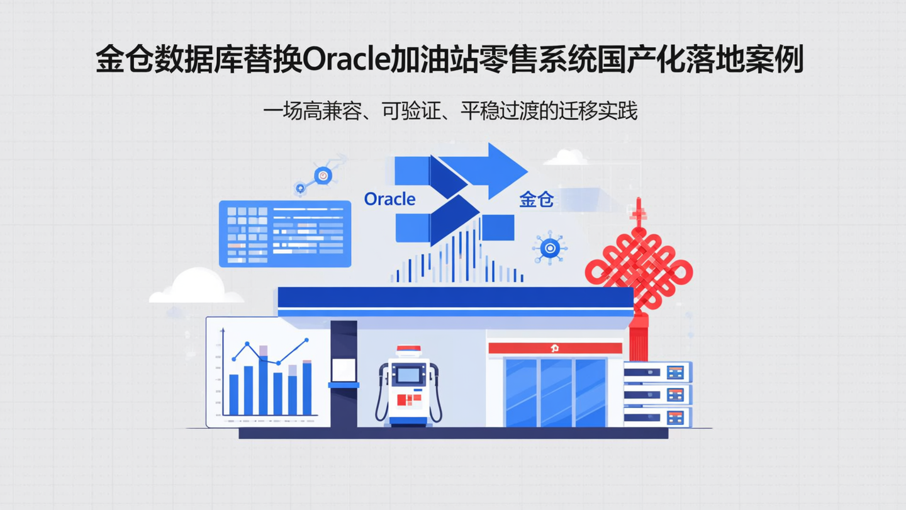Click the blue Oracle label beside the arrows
coord(390,199)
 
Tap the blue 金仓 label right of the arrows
coord(537,200)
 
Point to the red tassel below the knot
coord(639,340)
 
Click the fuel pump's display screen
coord(408,375)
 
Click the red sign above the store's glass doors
coord(555,348)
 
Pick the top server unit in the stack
coord(657,372)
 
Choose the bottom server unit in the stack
coord(657,417)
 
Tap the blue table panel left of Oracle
coord(284,234)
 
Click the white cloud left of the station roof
coord(196,286)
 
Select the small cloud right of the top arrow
coord(566,157)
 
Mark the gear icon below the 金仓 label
coord(550,248)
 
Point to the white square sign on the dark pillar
coord(344,369)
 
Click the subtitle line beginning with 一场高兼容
coord(450,111)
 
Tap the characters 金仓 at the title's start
coord(123,60)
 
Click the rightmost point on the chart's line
coord(306,340)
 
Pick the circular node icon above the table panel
coord(323,175)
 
